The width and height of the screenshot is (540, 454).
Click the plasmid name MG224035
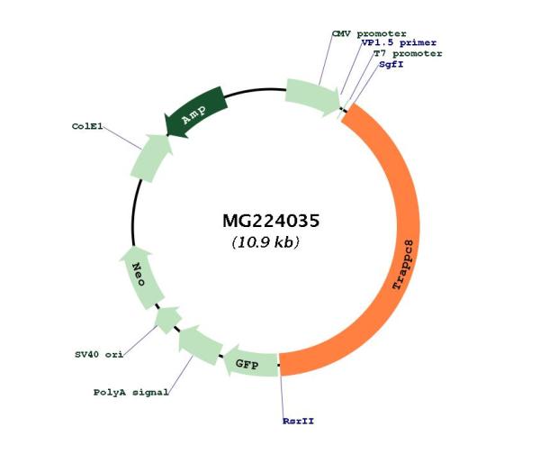(271, 221)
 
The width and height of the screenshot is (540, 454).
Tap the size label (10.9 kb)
(265, 242)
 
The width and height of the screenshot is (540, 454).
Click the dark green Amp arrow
(195, 111)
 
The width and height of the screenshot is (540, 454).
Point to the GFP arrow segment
(251, 363)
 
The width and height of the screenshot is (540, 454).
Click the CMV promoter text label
(369, 34)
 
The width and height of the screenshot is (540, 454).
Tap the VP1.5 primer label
(399, 42)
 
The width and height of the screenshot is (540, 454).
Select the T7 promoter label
(408, 54)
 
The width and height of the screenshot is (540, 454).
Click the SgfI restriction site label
(391, 65)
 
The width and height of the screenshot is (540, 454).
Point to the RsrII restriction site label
(298, 421)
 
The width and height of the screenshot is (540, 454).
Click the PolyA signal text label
(130, 392)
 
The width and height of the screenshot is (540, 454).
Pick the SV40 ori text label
(99, 354)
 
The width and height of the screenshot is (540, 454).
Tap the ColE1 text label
(87, 126)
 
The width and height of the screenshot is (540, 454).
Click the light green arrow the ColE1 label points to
(150, 158)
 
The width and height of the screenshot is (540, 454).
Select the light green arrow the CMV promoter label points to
(312, 97)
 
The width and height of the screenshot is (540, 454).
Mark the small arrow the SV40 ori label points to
(168, 319)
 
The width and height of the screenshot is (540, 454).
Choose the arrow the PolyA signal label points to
(200, 343)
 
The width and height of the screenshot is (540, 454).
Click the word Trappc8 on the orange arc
(403, 265)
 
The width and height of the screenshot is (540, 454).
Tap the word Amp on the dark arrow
(194, 114)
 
